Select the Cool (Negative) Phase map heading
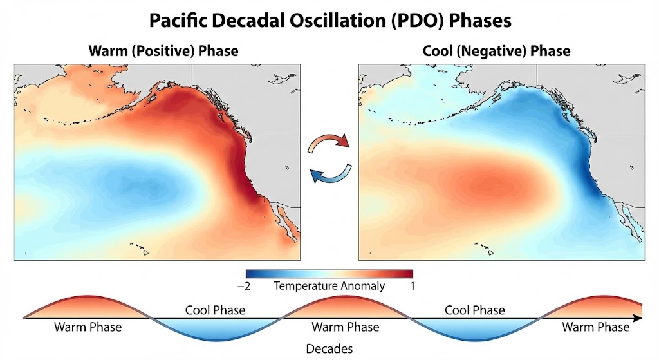(496, 50)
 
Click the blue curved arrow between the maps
(331, 174)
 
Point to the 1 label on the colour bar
(411, 286)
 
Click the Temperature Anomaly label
(329, 286)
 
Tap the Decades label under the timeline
(329, 348)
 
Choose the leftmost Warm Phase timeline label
(88, 327)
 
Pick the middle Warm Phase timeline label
(346, 327)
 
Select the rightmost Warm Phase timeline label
(595, 327)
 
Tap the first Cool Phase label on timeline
(215, 310)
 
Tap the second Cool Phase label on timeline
(475, 310)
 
